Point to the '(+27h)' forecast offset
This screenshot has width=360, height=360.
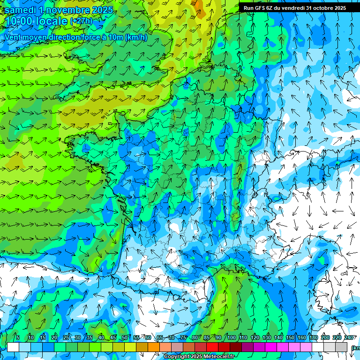pyautogui.click(x=81, y=21)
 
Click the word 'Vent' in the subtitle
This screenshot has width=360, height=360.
pyautogui.click(x=13, y=37)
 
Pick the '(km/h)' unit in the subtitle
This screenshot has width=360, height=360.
pyautogui.click(x=136, y=37)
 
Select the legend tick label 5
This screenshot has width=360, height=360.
pyautogui.click(x=18, y=337)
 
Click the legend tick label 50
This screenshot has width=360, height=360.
pyautogui.click(x=124, y=337)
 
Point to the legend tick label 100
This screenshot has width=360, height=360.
pyautogui.click(x=231, y=337)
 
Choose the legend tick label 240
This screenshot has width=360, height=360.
pyautogui.click(x=348, y=337)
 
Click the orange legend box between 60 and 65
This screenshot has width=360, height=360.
pyautogui.click(x=154, y=347)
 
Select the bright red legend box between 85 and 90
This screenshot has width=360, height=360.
pyautogui.click(x=212, y=347)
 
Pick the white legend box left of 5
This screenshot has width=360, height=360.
pyautogui.click(x=13, y=347)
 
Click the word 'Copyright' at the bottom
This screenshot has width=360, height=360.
pyautogui.click(x=176, y=357)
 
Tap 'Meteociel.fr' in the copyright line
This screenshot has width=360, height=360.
pyautogui.click(x=220, y=357)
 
